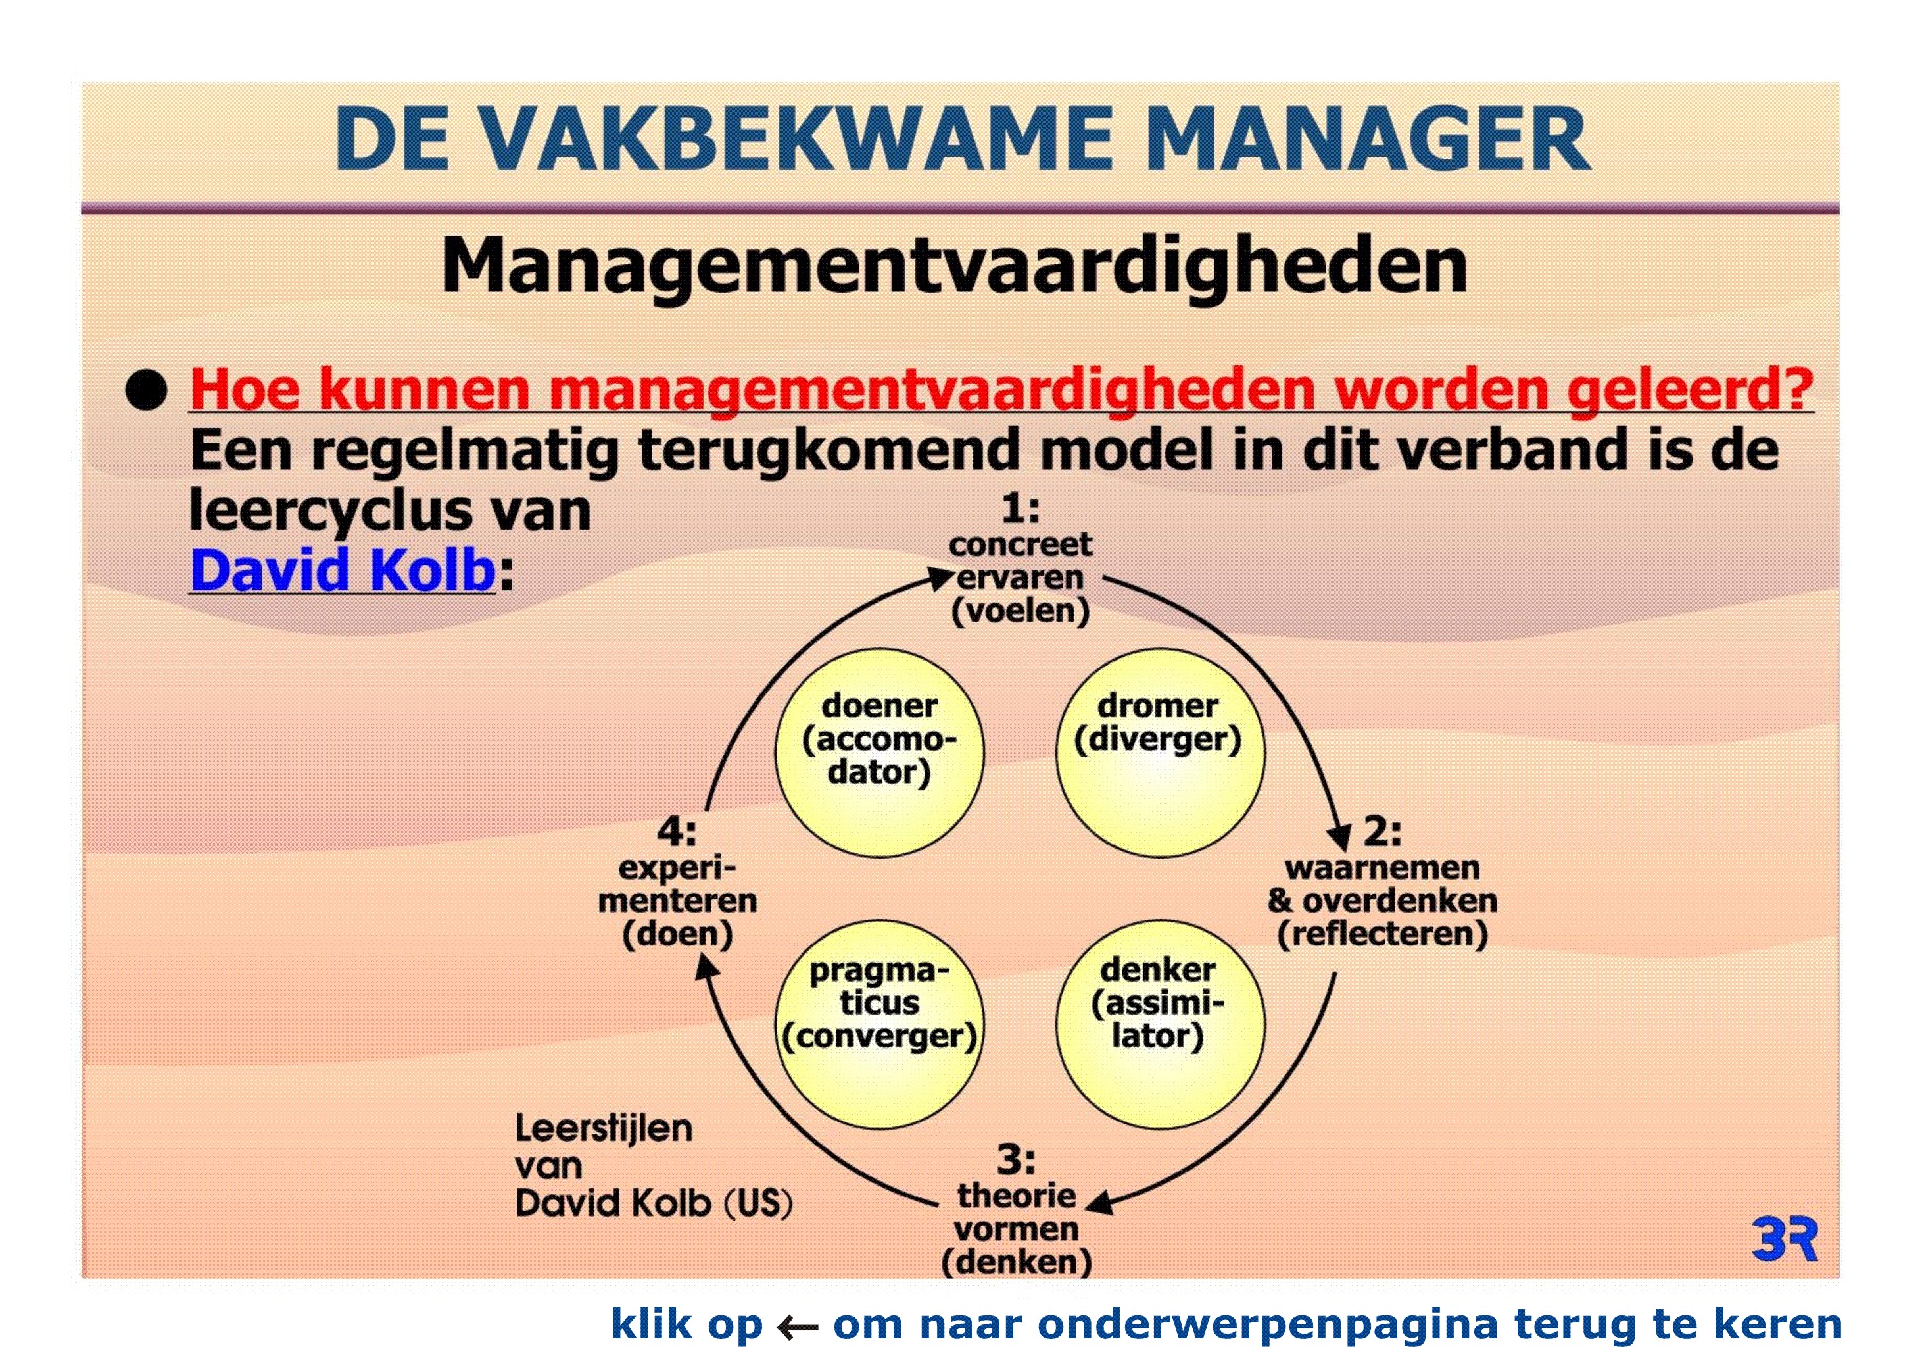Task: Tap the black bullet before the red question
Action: click(x=147, y=390)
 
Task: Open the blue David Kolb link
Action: click(x=343, y=570)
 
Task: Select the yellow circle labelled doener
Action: click(x=879, y=752)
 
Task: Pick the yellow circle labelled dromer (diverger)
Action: click(x=1160, y=752)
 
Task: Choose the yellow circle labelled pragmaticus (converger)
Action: click(x=879, y=1023)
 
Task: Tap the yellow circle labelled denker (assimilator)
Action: click(x=1160, y=1023)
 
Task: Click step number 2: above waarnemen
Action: click(x=1383, y=832)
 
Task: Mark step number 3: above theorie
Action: click(x=1017, y=1160)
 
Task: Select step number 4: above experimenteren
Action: click(x=677, y=832)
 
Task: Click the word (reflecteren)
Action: click(x=1383, y=934)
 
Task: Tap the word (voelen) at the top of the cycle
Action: click(x=1021, y=611)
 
